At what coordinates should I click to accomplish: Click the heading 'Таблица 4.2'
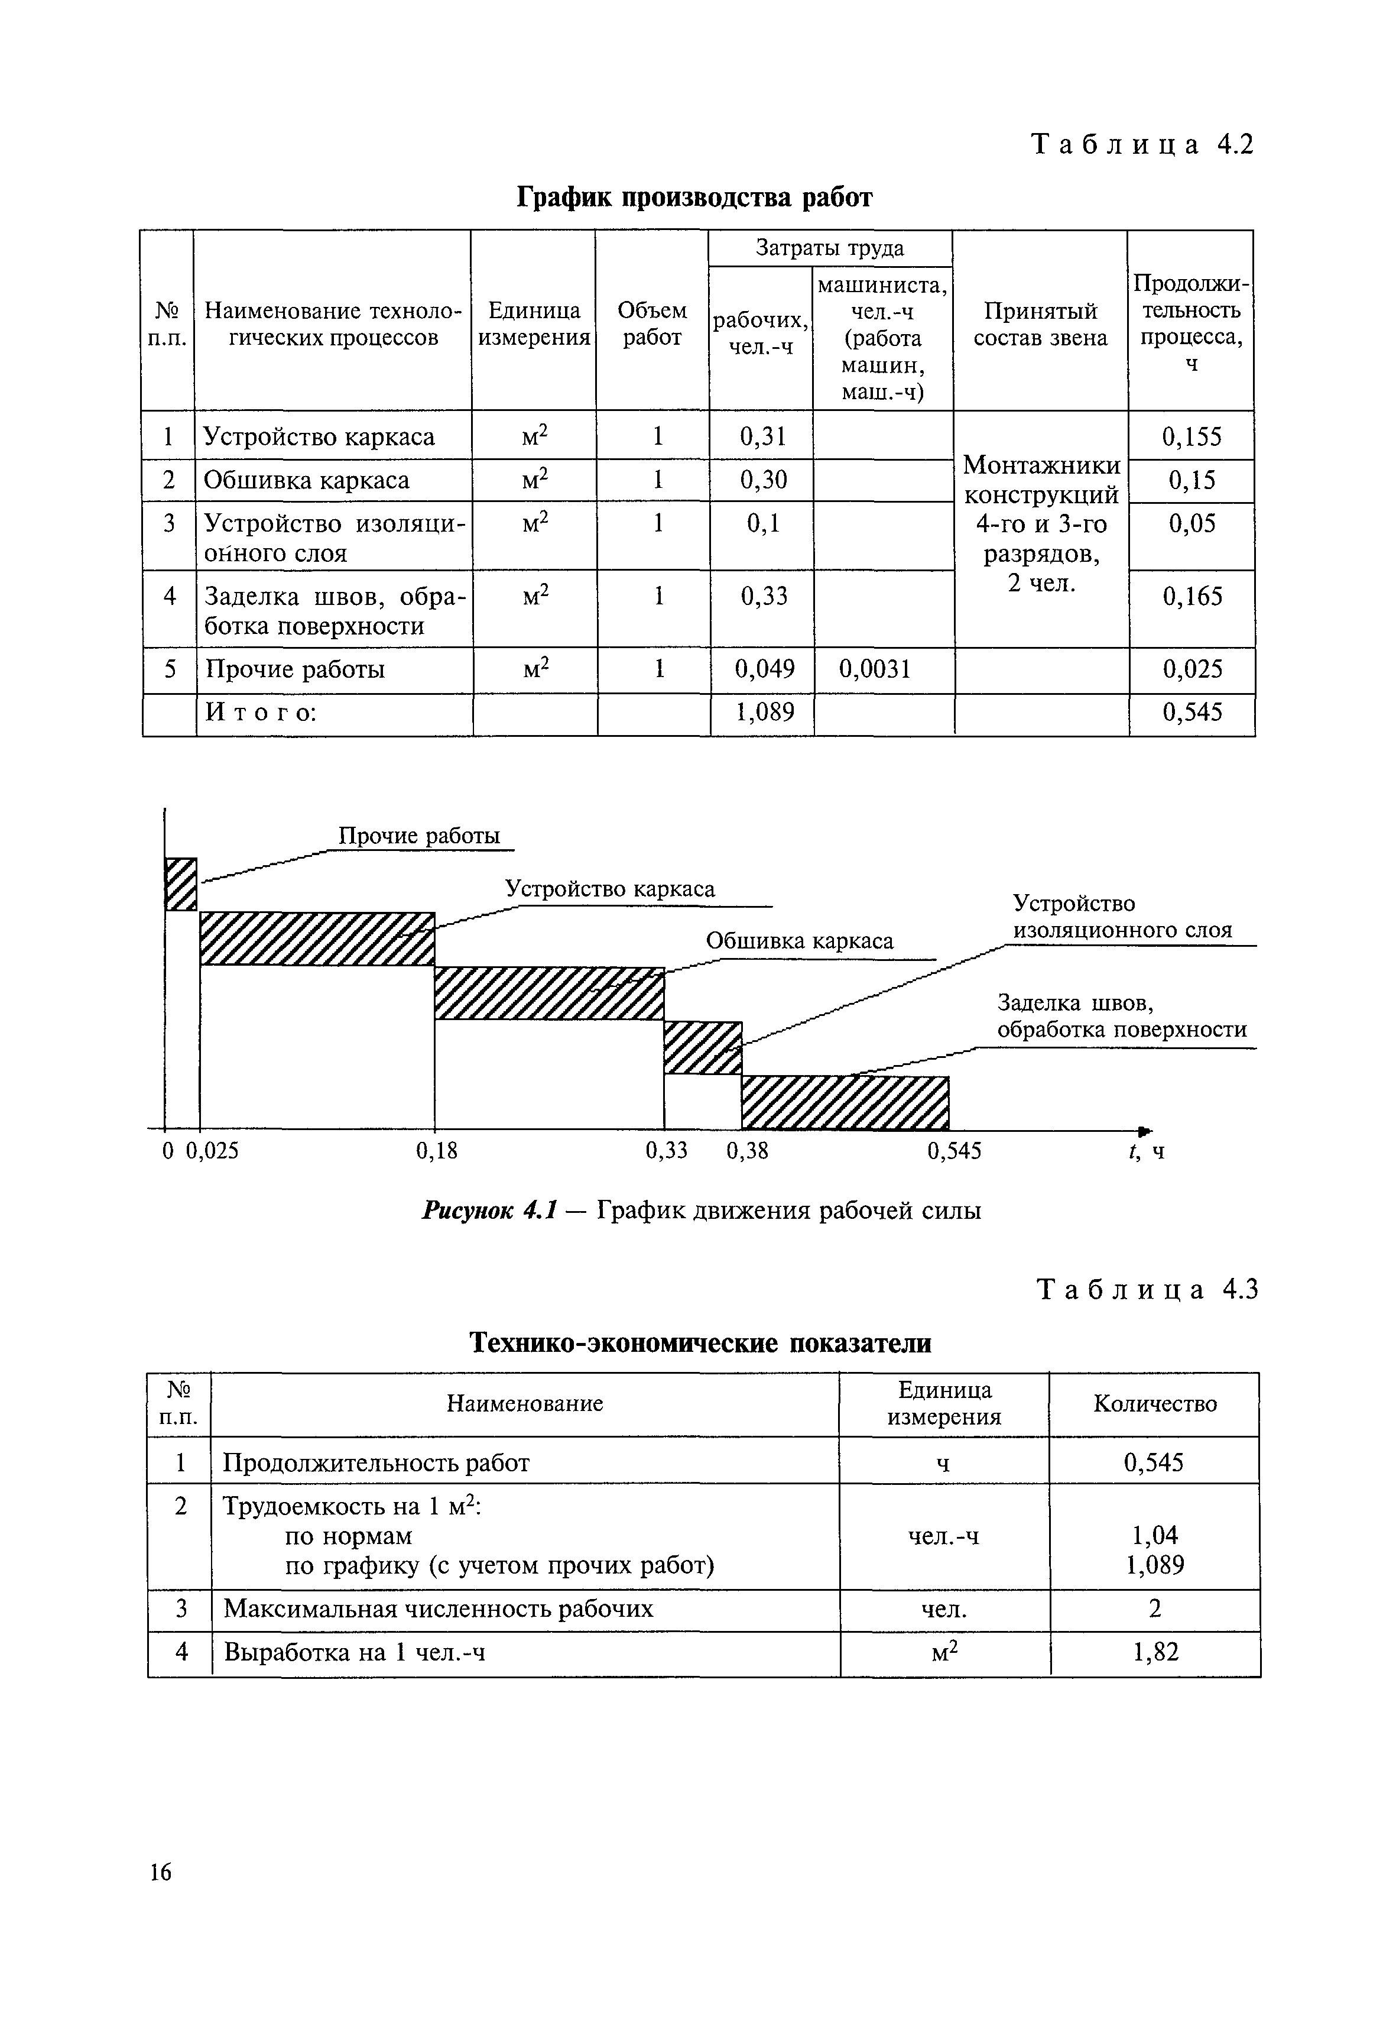pyautogui.click(x=1142, y=144)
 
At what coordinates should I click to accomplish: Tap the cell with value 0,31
pyautogui.click(x=763, y=436)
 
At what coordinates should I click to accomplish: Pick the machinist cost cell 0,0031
pyautogui.click(x=875, y=669)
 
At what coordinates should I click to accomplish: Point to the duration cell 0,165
pyautogui.click(x=1192, y=597)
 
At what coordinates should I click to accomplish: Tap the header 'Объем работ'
pyautogui.click(x=652, y=324)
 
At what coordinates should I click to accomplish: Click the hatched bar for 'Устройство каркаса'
pyautogui.click(x=317, y=938)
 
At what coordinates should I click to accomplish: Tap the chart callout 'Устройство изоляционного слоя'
pyautogui.click(x=1121, y=916)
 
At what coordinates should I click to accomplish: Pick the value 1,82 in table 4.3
pyautogui.click(x=1155, y=1652)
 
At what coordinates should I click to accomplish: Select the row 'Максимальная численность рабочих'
pyautogui.click(x=438, y=1608)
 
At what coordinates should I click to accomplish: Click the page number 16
pyautogui.click(x=161, y=1872)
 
